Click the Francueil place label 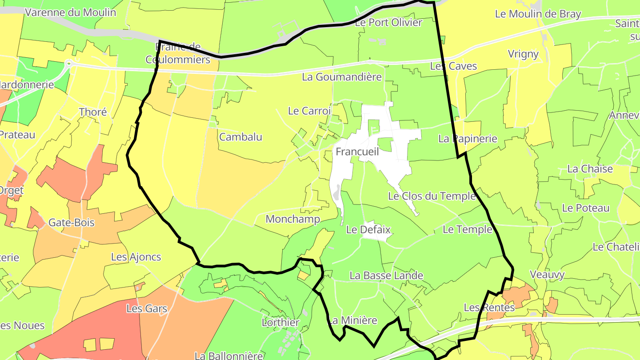(357, 152)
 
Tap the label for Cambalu (240, 137)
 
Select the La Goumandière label (342, 77)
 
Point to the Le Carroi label (309, 111)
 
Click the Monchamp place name (293, 219)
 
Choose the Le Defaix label (368, 230)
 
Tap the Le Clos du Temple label (432, 196)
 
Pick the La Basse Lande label (386, 276)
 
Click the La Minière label (352, 320)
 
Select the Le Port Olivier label (388, 22)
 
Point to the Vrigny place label (523, 54)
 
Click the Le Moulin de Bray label (538, 14)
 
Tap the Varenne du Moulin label (70, 12)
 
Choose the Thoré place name (93, 112)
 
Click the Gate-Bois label (72, 222)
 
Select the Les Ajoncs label (136, 257)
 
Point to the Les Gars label (147, 308)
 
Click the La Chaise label (590, 169)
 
